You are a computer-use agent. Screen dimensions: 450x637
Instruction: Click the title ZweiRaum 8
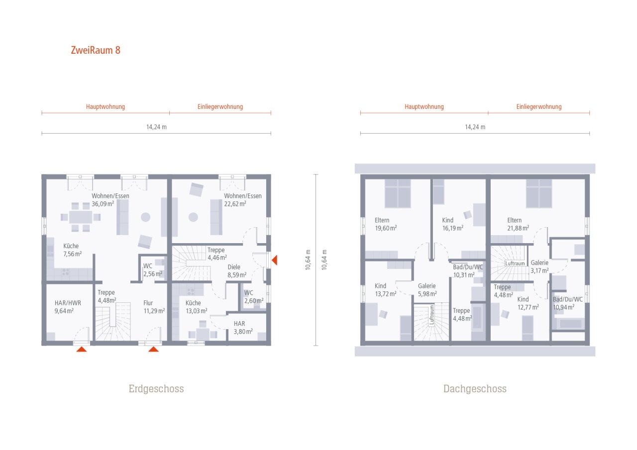pos(95,50)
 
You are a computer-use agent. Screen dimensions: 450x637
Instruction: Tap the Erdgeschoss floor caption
pos(156,389)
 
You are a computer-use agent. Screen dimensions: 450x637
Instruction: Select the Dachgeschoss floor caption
pos(475,389)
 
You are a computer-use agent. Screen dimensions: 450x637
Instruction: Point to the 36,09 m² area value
pos(103,203)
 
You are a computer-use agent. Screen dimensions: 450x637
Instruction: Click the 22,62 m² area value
pos(235,203)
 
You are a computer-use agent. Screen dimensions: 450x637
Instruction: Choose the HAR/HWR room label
pos(68,303)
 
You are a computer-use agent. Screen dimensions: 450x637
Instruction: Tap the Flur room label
pos(148,303)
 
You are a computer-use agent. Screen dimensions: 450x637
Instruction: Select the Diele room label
pos(234,267)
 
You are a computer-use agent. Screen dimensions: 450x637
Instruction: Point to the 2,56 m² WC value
pos(153,274)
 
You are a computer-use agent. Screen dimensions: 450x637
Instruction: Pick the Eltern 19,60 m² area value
pos(386,228)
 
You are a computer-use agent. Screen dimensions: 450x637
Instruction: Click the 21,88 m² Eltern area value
pos(518,228)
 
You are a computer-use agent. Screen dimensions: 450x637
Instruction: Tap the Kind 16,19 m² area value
pos(452,228)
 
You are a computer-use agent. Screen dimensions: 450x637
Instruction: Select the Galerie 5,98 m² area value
pos(426,294)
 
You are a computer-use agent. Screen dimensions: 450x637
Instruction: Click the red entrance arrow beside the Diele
pos(274,260)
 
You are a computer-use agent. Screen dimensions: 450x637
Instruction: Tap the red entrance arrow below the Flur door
pos(153,349)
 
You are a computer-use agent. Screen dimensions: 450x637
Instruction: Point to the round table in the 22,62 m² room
pos(193,217)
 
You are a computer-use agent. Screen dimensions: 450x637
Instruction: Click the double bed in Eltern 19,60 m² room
pos(398,193)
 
